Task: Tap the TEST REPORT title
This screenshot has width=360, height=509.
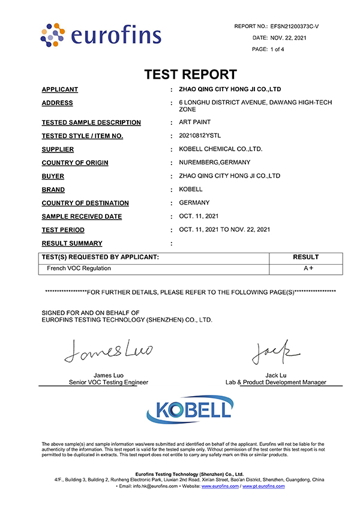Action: point(190,74)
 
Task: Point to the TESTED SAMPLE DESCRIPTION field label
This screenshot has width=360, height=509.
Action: point(91,122)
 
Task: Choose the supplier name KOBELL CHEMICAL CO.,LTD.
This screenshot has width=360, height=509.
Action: point(221,149)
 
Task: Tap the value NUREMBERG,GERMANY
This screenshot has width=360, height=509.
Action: point(215,162)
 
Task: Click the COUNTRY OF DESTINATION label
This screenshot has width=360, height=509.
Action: point(85,203)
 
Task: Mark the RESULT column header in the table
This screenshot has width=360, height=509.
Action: point(305,257)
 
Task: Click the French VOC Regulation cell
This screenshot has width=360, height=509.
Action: point(79,268)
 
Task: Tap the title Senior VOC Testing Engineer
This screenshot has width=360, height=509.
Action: point(108,382)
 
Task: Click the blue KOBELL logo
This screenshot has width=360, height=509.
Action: point(190,410)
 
